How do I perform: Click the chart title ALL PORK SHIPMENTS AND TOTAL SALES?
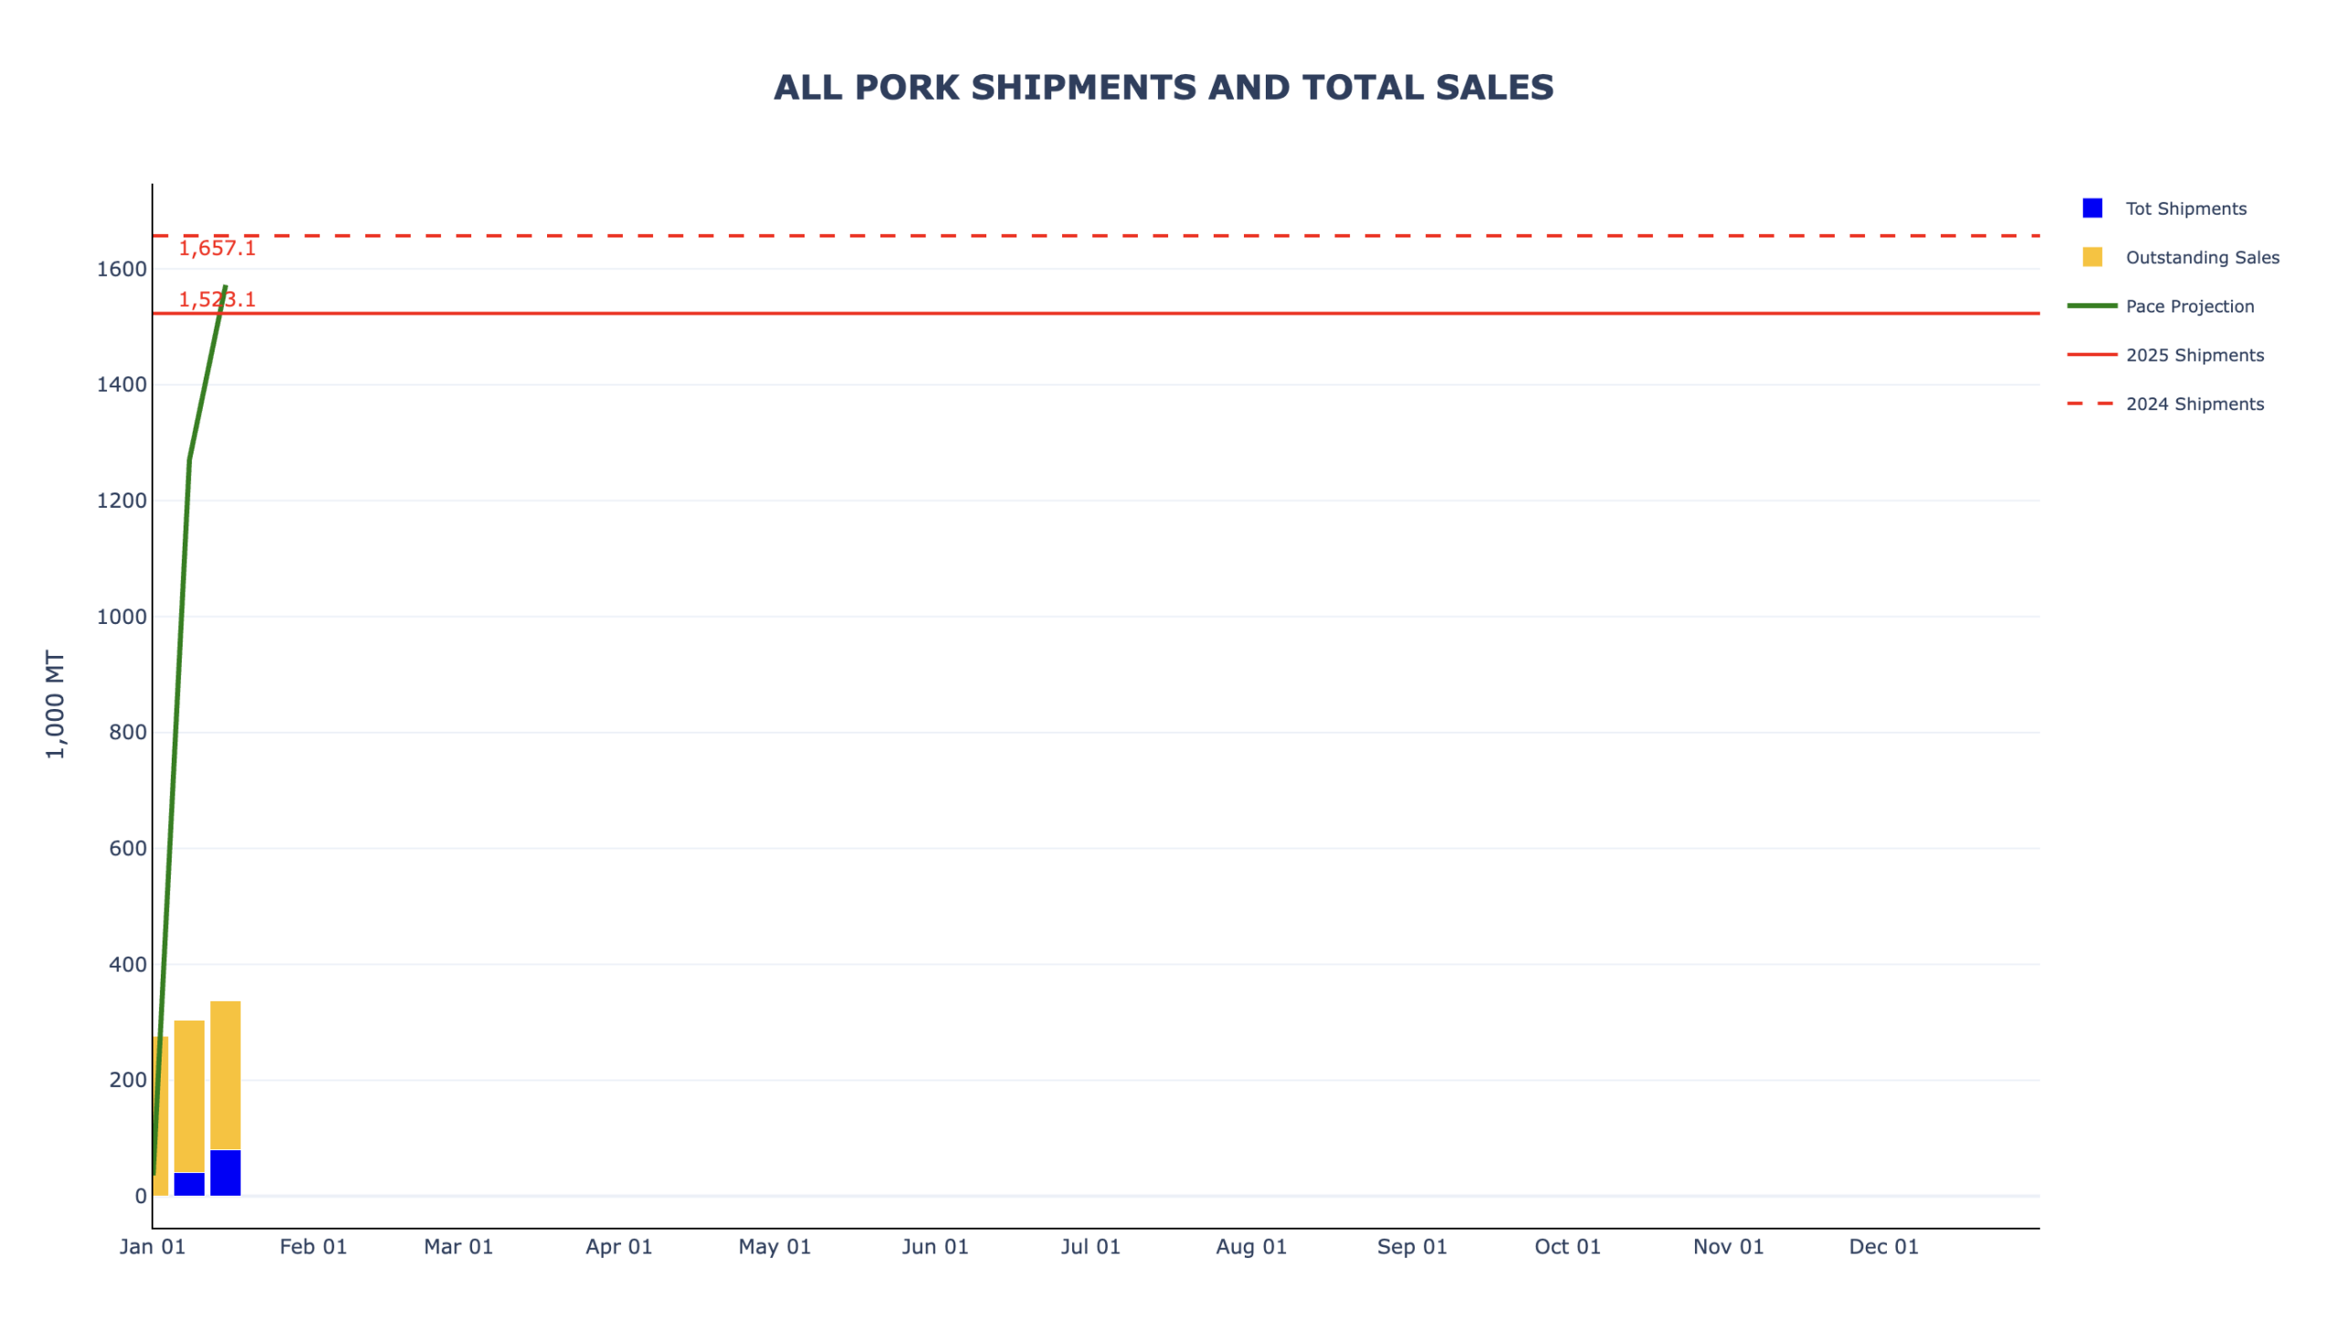point(1163,88)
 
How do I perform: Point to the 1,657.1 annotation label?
point(216,249)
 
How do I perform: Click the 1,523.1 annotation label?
point(216,300)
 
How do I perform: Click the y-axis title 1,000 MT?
point(56,704)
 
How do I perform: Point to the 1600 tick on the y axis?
point(121,270)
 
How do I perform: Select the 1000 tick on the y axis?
point(121,617)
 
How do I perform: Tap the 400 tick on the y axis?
point(127,965)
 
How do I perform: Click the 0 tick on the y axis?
point(140,1196)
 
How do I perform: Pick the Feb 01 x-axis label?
point(313,1247)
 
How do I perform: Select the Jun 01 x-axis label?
point(934,1247)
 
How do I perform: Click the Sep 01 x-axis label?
point(1411,1247)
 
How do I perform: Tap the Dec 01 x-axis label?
point(1883,1247)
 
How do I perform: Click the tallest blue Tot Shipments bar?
point(225,1173)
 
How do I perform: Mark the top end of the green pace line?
point(225,287)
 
